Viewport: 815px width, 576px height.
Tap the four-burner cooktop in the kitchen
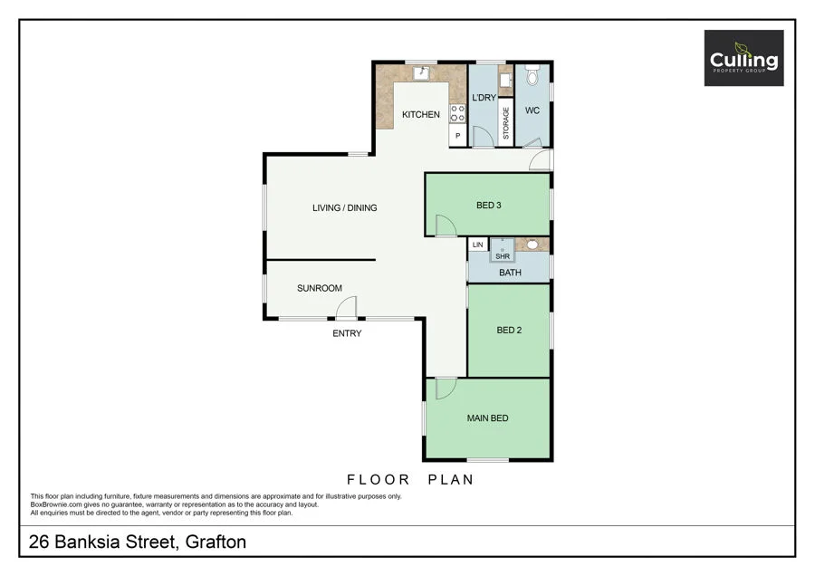[x=458, y=114]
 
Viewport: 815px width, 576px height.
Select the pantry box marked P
[x=458, y=137]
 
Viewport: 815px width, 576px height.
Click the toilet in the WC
[x=532, y=74]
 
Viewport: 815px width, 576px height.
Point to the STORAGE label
[x=506, y=123]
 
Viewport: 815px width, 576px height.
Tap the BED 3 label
[x=489, y=206]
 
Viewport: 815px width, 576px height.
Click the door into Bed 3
[x=445, y=226]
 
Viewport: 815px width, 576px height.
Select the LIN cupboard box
[x=477, y=245]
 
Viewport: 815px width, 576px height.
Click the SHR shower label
[x=503, y=256]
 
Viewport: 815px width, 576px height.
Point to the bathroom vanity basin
[x=533, y=245]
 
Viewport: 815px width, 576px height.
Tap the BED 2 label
[x=509, y=331]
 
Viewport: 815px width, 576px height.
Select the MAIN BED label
[x=487, y=418]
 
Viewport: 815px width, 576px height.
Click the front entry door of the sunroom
[x=346, y=311]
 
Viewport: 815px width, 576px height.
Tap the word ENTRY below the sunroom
[x=347, y=333]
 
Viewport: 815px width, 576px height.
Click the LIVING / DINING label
[x=344, y=208]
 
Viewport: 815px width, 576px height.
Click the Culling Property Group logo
[x=743, y=58]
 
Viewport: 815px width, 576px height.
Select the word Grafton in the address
[x=216, y=542]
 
